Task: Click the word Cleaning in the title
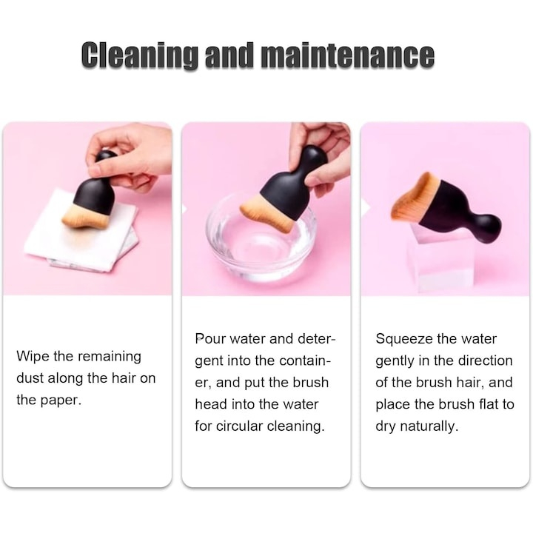pos(140,55)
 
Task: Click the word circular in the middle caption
pos(239,426)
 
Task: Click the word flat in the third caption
pos(488,404)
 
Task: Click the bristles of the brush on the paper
pos(86,218)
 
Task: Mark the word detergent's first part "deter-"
pos(316,338)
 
